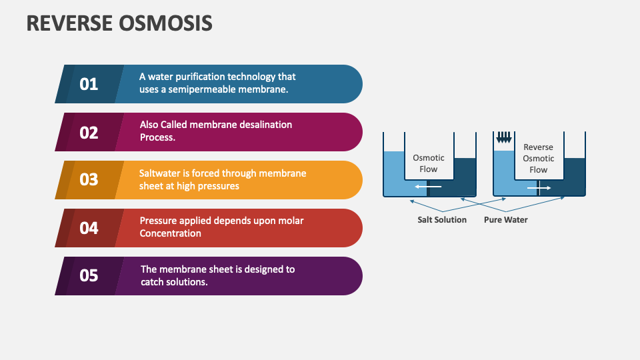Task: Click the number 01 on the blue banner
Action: (x=89, y=84)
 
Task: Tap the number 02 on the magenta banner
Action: (x=89, y=132)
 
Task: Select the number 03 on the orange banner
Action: (x=89, y=180)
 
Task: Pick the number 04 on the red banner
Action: (x=89, y=228)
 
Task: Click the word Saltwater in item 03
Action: (x=160, y=173)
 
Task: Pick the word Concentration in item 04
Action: (x=170, y=233)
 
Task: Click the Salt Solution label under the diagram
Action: (x=442, y=219)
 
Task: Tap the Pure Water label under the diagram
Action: (x=505, y=219)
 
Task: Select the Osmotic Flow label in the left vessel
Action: (x=429, y=163)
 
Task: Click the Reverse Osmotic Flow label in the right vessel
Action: (x=538, y=159)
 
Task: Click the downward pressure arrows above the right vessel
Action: (x=504, y=137)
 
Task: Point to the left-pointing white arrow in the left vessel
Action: (x=428, y=187)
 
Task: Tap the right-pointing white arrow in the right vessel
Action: (x=539, y=189)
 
